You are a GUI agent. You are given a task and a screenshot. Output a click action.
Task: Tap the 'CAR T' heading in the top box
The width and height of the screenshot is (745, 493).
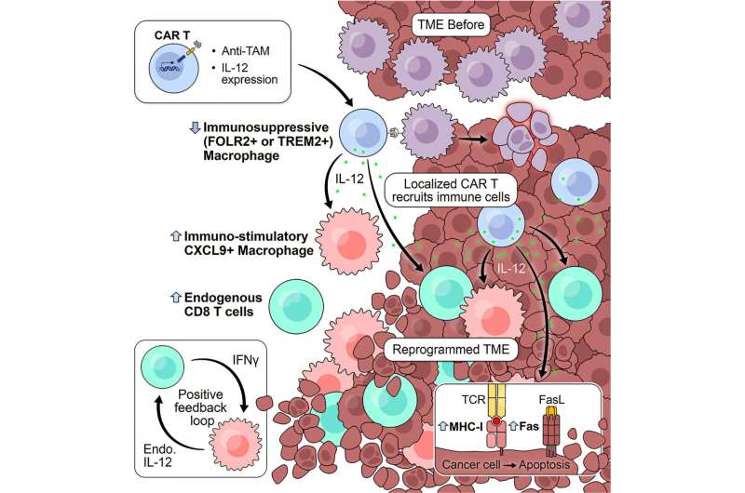click(x=172, y=36)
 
